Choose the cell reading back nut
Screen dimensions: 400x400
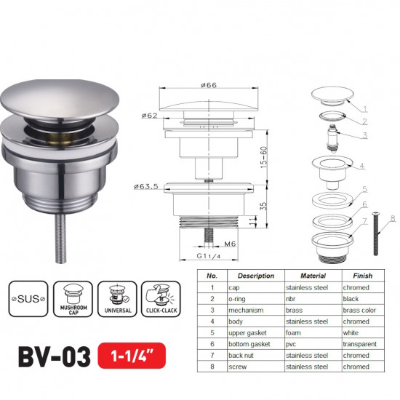[245, 354]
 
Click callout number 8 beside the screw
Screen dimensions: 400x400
[392, 217]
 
